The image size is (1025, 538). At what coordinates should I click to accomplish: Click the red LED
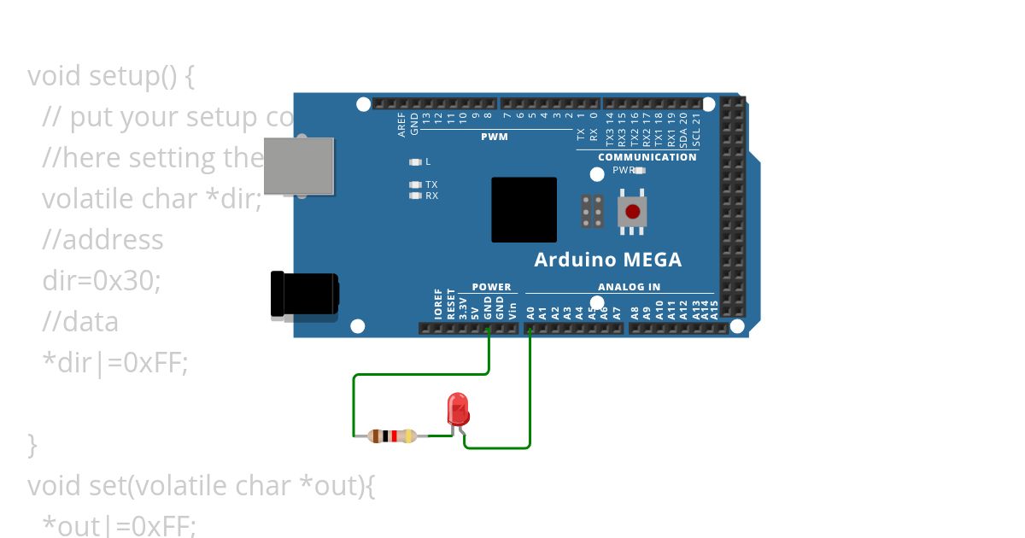(x=459, y=409)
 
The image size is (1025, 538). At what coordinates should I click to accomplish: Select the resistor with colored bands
(x=392, y=436)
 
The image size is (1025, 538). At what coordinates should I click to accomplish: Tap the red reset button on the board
(x=632, y=212)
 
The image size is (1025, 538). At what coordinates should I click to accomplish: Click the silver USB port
(x=298, y=166)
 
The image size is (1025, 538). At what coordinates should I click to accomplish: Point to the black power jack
(x=303, y=295)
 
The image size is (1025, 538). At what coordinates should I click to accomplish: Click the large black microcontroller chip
(x=524, y=209)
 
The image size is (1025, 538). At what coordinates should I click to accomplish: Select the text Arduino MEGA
(x=607, y=260)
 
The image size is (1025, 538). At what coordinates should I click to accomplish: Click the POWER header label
(x=491, y=287)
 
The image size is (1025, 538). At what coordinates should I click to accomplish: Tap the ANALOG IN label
(x=629, y=287)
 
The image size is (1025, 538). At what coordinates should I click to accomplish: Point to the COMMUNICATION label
(x=647, y=157)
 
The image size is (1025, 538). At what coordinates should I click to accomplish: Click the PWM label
(x=494, y=137)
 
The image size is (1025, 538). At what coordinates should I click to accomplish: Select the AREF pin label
(x=402, y=126)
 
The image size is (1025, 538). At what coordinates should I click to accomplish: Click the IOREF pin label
(x=438, y=304)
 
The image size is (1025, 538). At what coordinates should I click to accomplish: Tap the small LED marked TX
(x=416, y=184)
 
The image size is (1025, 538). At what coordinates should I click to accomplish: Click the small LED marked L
(x=416, y=161)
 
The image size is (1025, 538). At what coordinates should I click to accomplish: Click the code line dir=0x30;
(x=102, y=280)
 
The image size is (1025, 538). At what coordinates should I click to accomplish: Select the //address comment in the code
(x=102, y=240)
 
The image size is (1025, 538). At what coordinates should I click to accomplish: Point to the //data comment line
(x=80, y=322)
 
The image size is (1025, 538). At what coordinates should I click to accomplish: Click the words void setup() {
(x=111, y=76)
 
